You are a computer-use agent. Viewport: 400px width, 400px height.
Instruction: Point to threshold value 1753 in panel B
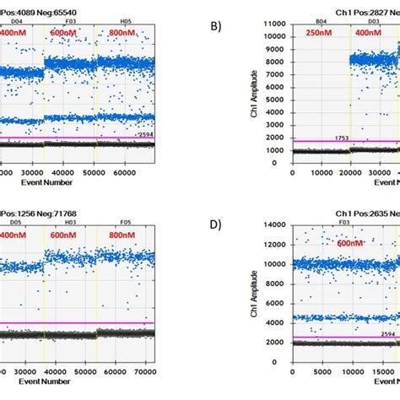tap(342, 138)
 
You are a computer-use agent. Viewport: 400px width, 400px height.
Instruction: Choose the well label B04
tap(321, 19)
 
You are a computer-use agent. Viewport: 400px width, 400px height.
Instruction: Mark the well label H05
tap(126, 19)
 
